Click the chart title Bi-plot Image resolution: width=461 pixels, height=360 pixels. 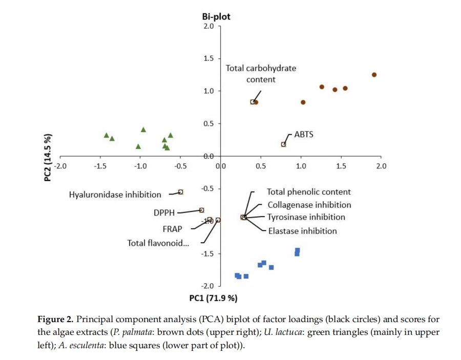point(216,17)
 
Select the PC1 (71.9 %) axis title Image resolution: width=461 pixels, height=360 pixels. point(213,298)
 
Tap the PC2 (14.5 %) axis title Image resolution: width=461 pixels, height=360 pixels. point(48,158)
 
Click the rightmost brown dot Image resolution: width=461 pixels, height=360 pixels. point(374,75)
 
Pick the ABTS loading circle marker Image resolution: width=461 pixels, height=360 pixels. point(283,144)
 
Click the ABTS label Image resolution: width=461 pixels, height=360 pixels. point(304,135)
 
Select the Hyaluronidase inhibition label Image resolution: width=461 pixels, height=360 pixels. point(115,195)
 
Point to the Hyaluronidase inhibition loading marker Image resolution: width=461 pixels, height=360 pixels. point(180,192)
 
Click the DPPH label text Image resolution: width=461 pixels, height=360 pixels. point(164,213)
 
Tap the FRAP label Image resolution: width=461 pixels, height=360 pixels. point(172,228)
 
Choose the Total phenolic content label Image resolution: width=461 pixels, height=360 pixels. point(309,192)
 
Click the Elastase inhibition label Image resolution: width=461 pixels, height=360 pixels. point(303,231)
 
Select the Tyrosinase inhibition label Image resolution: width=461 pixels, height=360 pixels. point(306,217)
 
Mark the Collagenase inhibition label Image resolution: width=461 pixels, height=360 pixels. point(309,205)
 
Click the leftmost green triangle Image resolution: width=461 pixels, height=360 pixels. point(107,135)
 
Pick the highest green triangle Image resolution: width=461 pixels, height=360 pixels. point(143,130)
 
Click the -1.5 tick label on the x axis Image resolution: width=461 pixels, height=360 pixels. point(100,166)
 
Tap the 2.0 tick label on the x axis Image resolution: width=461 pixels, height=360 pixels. point(381,166)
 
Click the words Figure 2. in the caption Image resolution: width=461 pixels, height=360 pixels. point(55,319)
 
